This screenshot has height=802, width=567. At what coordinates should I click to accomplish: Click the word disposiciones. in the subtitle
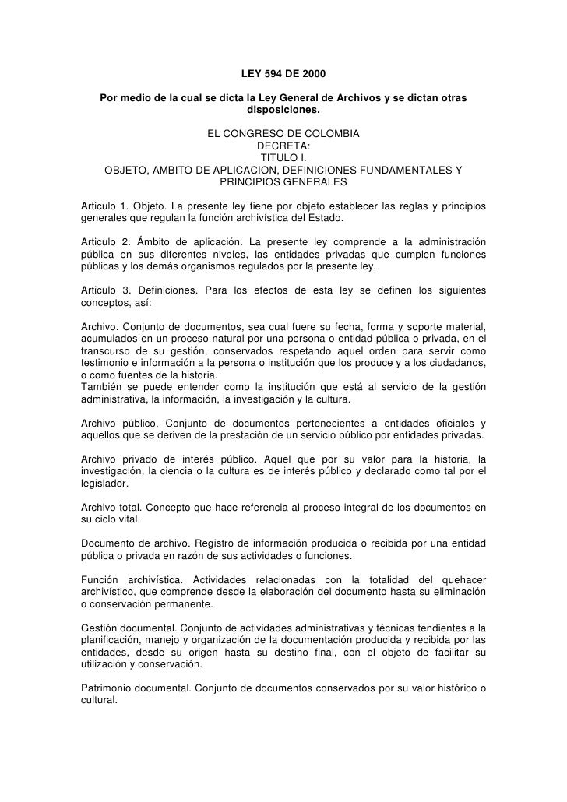pyautogui.click(x=283, y=110)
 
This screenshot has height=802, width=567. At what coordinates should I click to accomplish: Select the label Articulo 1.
pyautogui.click(x=104, y=206)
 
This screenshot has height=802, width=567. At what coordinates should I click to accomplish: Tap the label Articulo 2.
pyautogui.click(x=104, y=242)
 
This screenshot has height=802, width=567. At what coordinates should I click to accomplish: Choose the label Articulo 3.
pyautogui.click(x=104, y=290)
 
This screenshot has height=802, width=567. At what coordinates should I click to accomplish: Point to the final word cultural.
pyautogui.click(x=99, y=699)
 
